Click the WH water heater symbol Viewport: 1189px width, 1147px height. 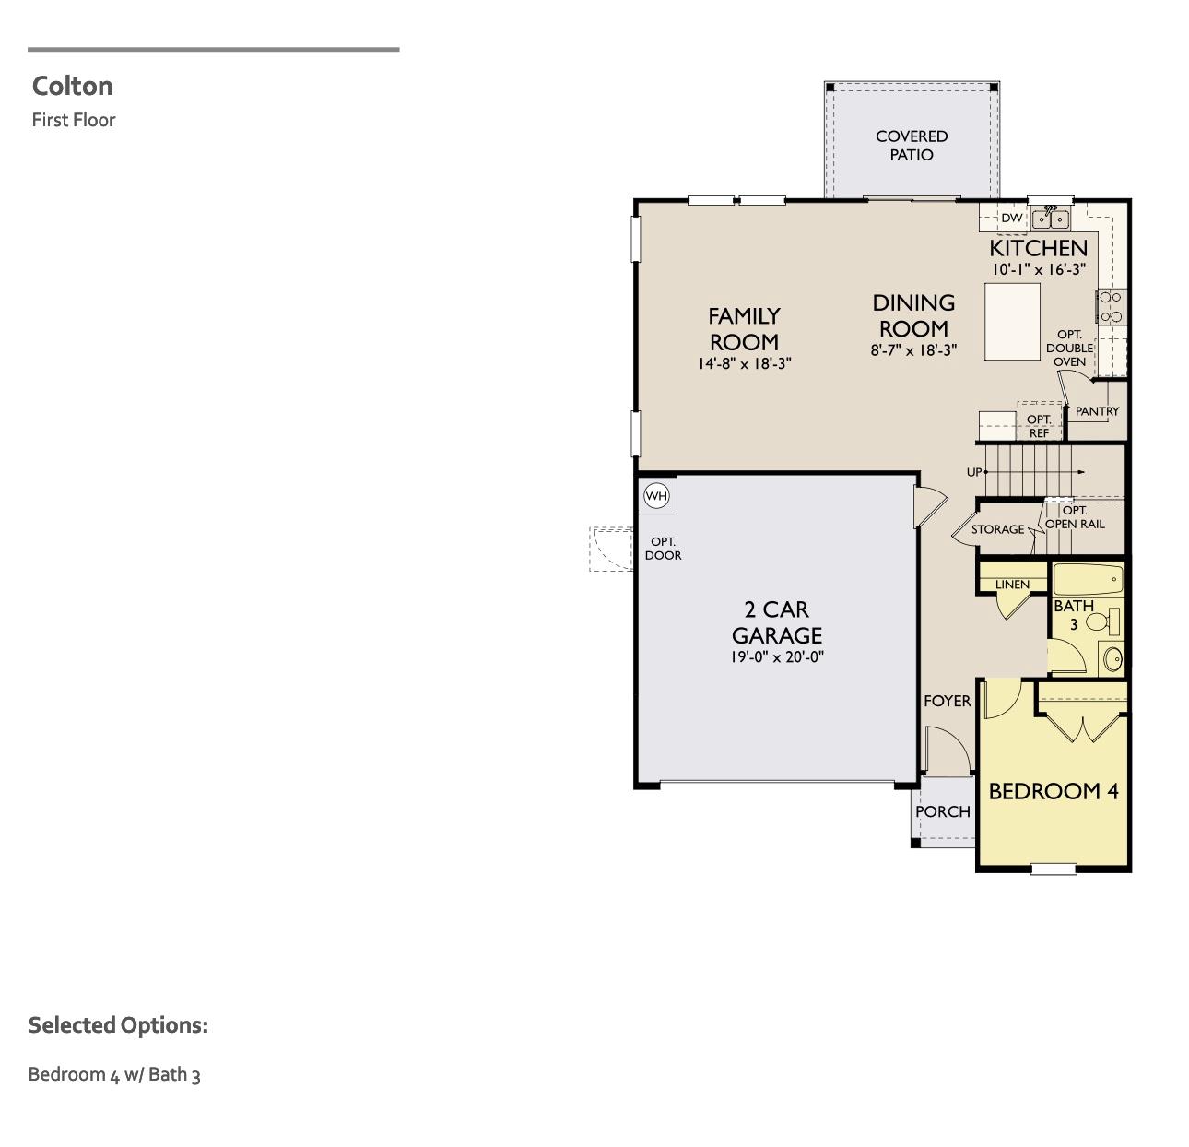coord(656,496)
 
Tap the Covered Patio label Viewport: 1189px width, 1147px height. coord(911,146)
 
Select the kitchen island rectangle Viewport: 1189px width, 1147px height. coord(1012,321)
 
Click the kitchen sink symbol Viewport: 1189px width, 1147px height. coord(1050,219)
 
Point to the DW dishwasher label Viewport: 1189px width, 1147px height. coord(1011,219)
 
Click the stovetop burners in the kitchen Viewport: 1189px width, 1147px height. coord(1111,306)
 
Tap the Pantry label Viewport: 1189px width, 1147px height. coord(1097,411)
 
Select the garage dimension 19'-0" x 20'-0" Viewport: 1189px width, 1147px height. coord(777,657)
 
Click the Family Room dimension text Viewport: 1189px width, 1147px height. coord(744,364)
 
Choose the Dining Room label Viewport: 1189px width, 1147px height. coord(913,315)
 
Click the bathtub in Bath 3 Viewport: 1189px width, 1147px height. coord(1088,580)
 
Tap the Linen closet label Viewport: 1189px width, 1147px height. coord(1012,585)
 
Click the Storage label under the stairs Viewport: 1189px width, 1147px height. coord(997,529)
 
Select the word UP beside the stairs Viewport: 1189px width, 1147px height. coord(973,472)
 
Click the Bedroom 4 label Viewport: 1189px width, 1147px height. coord(1053,791)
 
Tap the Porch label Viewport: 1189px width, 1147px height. coord(942,811)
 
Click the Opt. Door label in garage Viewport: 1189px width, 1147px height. coord(663,549)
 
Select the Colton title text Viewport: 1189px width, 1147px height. coord(73,86)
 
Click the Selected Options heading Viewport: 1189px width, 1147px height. coord(118,1025)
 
